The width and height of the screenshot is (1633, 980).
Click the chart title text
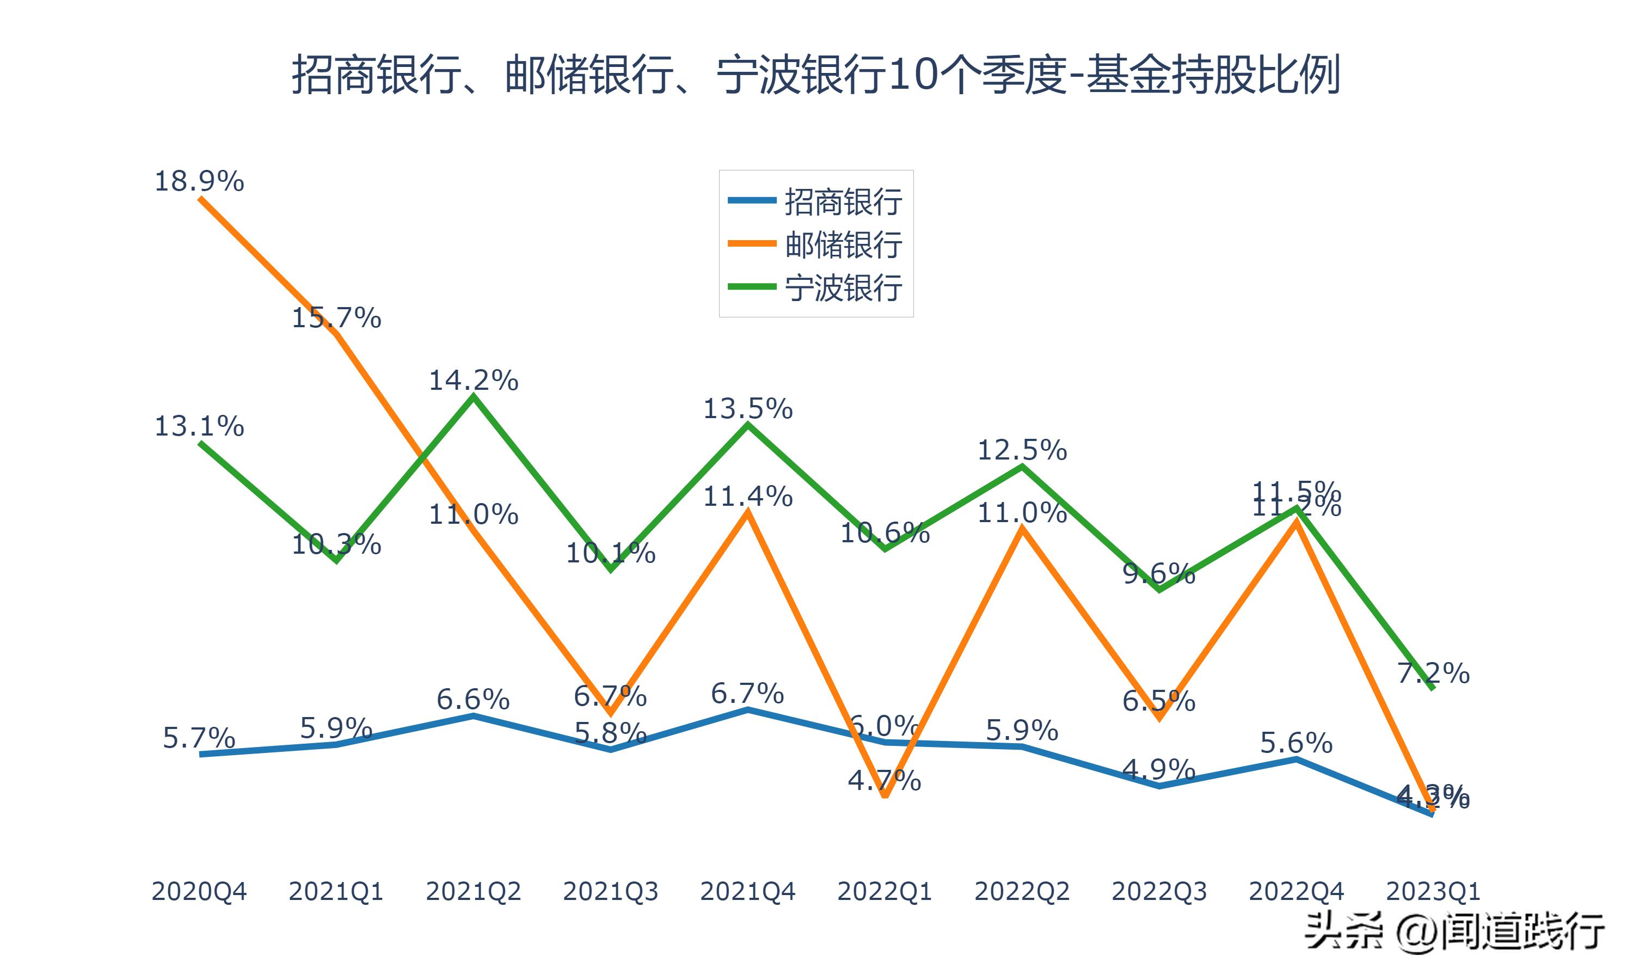coord(816,75)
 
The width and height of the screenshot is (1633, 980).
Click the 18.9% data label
coord(199,181)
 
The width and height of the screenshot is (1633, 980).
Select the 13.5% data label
coord(747,409)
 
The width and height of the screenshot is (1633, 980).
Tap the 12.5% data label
coord(1022,450)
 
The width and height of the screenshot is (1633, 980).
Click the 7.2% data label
coord(1433,673)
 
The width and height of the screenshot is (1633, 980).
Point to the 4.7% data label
coord(885,781)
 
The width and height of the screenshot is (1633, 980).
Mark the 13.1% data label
coord(199,427)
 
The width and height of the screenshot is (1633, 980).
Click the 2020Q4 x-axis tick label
coord(199,891)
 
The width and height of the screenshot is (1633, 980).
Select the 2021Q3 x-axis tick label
coord(611,891)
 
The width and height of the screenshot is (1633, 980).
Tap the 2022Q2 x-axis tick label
coord(1022,891)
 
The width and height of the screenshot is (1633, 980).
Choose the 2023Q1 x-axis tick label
coord(1433,891)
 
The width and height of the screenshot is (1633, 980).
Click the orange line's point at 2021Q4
coord(747,512)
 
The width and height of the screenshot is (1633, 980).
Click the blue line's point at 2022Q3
coord(1159,786)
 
